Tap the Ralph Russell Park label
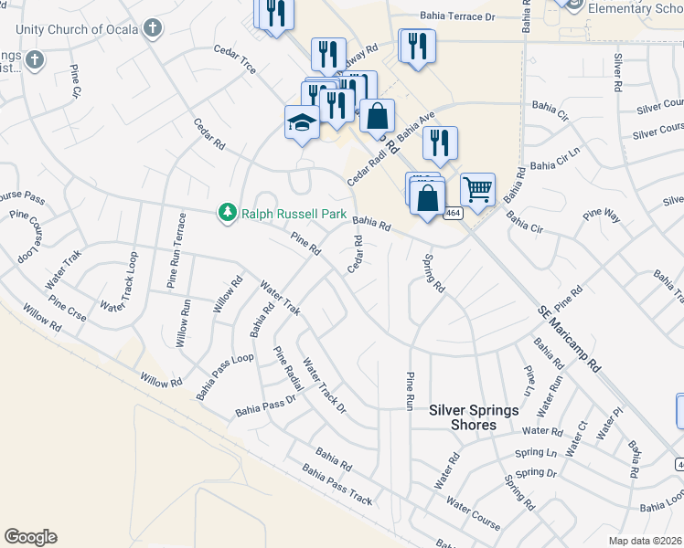(x=294, y=214)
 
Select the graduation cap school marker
(x=301, y=122)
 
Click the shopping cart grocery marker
(x=477, y=189)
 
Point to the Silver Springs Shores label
(x=475, y=417)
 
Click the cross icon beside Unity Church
(x=153, y=28)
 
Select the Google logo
(x=30, y=537)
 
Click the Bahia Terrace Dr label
(x=457, y=16)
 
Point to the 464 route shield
(x=454, y=212)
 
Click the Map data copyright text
(x=645, y=541)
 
